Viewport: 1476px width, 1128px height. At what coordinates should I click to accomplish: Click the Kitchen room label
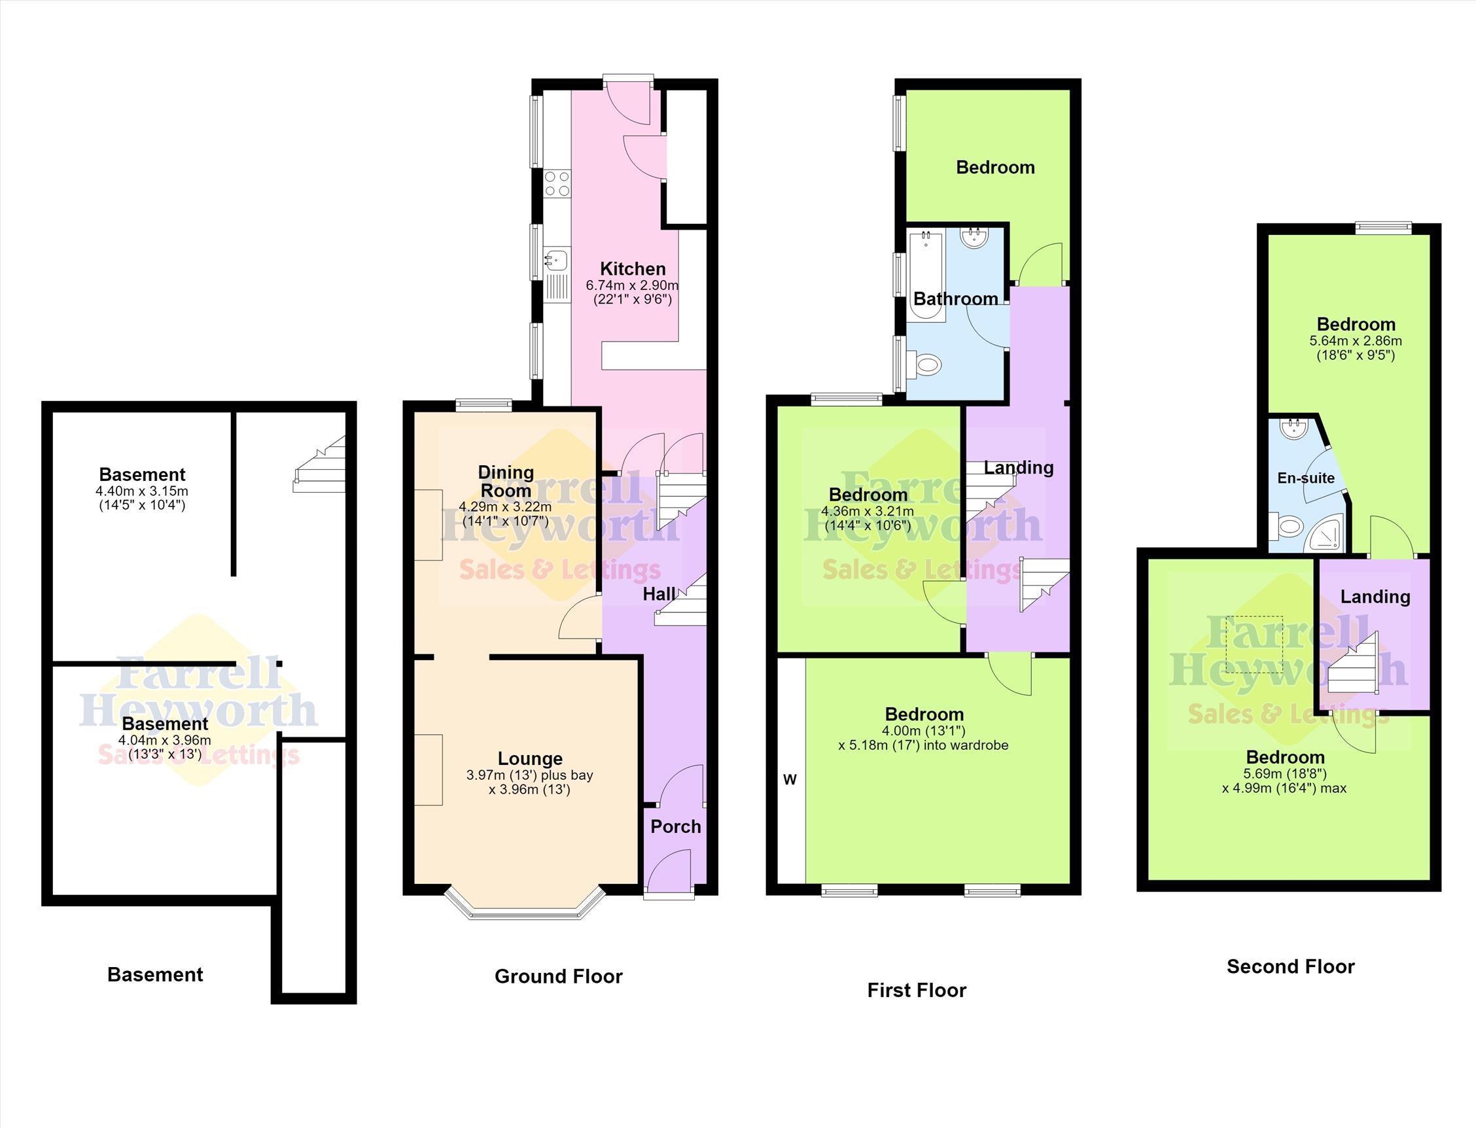[x=632, y=268]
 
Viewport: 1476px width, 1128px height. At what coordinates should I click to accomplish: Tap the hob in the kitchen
[x=557, y=183]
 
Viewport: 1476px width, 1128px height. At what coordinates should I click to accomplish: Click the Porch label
[x=675, y=826]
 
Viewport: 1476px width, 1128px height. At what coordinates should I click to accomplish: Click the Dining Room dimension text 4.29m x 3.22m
[x=504, y=507]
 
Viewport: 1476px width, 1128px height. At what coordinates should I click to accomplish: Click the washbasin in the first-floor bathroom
[x=974, y=238]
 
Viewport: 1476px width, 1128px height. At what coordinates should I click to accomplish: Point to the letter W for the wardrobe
[x=790, y=779]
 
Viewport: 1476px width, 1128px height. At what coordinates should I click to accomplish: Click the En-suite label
[x=1305, y=478]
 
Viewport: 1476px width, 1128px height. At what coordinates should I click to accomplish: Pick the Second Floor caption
[x=1290, y=967]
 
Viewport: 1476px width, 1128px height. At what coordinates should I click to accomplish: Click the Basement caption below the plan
[x=155, y=975]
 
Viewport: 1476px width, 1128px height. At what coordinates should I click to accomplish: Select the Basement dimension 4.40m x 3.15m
[x=141, y=491]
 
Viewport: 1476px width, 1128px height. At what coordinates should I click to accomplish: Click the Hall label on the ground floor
[x=659, y=594]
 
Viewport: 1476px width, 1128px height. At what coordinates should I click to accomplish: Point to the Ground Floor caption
[x=559, y=976]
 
